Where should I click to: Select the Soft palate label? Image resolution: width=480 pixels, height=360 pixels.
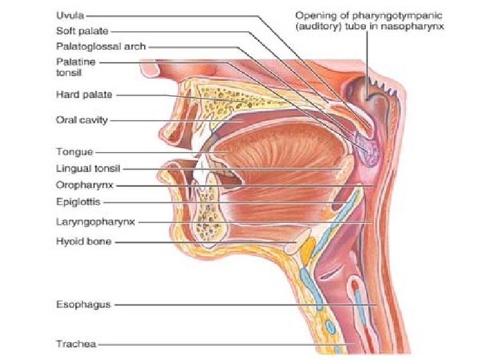tap(82, 31)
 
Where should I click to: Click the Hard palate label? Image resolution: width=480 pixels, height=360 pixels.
tap(83, 95)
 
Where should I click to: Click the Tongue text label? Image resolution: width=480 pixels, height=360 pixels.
tap(75, 152)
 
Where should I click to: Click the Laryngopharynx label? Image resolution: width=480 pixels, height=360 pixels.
tap(94, 221)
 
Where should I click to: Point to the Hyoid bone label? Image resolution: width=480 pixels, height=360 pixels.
tap(83, 242)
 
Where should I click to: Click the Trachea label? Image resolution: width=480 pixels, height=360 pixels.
tap(76, 344)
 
